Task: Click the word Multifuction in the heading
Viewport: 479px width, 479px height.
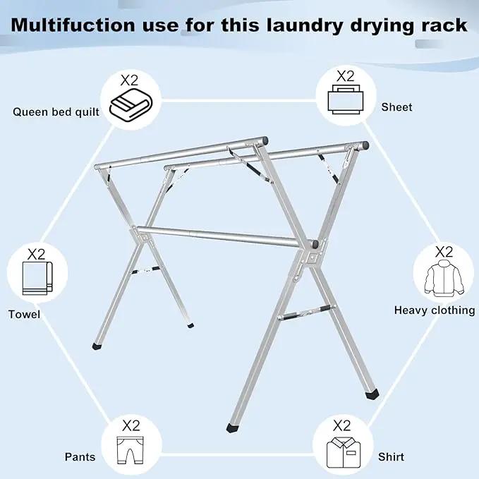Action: point(73,25)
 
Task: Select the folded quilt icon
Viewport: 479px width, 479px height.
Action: point(131,105)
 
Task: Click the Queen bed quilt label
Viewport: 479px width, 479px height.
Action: point(56,112)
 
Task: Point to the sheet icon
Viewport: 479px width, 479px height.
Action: point(346,99)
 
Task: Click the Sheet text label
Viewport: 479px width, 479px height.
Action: point(396,107)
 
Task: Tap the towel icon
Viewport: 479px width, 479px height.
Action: point(37,278)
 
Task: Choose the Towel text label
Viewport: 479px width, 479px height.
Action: point(24,315)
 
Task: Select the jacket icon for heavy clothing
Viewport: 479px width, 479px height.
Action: point(444,278)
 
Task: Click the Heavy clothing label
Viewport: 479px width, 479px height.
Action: point(435,310)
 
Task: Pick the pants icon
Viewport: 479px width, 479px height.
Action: point(130,450)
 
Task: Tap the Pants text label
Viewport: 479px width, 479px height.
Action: point(80,457)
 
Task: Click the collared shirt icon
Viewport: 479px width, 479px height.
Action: point(344,453)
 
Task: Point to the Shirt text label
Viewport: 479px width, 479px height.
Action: point(391,457)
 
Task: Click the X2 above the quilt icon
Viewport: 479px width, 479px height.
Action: point(129,80)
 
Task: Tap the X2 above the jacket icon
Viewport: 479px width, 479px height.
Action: point(444,253)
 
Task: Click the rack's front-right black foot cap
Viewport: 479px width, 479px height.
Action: point(372,394)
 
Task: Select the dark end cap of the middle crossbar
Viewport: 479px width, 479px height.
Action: point(315,244)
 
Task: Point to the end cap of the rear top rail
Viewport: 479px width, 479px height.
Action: point(365,145)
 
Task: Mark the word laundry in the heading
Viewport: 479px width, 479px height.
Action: point(305,25)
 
